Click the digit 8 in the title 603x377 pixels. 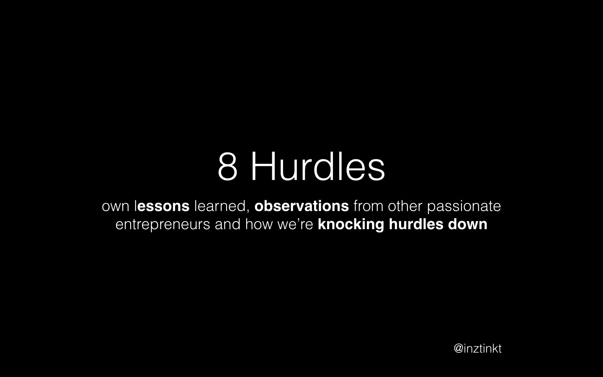[227, 166]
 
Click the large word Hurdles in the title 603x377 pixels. [318, 166]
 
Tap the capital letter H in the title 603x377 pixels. [263, 166]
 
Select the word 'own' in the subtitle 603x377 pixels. [116, 207]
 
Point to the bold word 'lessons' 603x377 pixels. [162, 206]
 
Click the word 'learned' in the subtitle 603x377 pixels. [220, 206]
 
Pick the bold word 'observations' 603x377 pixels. [302, 206]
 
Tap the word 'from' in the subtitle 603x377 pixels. [368, 206]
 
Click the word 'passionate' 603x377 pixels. [464, 207]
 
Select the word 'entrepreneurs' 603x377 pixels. [162, 225]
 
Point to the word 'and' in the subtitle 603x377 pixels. [227, 224]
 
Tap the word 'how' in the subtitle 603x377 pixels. [259, 224]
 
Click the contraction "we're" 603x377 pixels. [295, 224]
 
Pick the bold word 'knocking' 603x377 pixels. [351, 225]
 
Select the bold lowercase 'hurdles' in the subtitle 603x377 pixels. [416, 224]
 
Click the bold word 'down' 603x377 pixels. [468, 224]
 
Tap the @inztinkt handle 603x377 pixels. [477, 349]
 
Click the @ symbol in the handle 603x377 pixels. [459, 349]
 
